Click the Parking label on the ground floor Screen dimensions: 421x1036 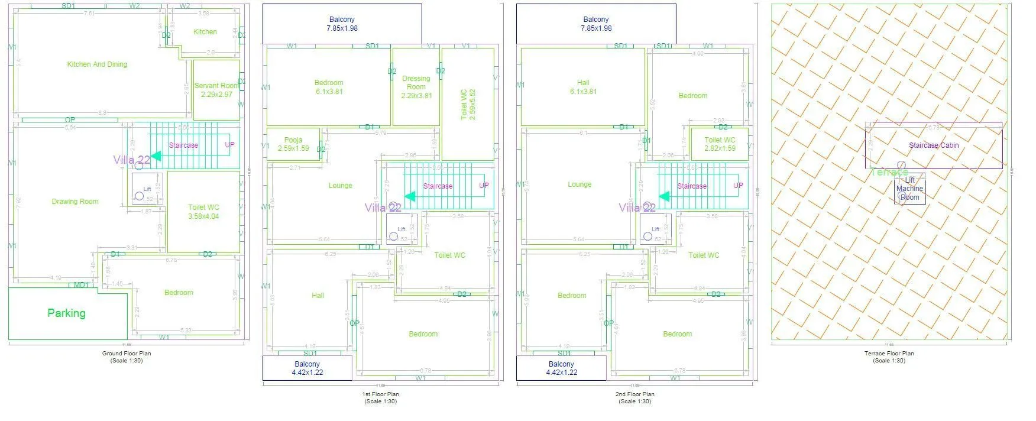[x=66, y=313]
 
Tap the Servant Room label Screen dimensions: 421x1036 [x=216, y=90]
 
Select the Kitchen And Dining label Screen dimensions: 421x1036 [x=97, y=64]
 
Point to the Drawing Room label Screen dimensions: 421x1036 [x=75, y=202]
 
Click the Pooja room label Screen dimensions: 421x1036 [x=293, y=144]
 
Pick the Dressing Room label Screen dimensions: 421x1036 [x=416, y=86]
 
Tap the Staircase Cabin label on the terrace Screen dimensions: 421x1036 [x=934, y=145]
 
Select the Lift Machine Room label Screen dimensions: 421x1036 [x=909, y=189]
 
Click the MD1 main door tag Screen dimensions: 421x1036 [x=81, y=285]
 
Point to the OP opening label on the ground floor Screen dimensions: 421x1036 [x=70, y=120]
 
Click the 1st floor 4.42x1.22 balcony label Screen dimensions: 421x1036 [x=307, y=368]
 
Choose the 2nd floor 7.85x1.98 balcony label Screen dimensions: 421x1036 [x=596, y=24]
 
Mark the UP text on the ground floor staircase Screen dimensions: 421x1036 [x=229, y=145]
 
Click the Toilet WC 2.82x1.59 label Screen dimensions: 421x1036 [x=720, y=144]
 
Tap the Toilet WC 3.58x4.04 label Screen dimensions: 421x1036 [x=203, y=212]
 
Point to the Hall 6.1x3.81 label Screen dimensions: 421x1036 [x=583, y=87]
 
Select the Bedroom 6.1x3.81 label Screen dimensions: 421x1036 [x=329, y=87]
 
